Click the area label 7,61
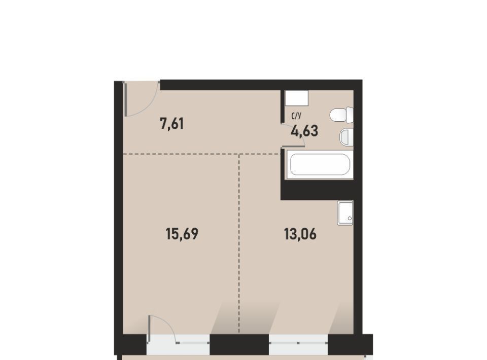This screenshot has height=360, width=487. (172, 124)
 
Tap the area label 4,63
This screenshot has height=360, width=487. (304, 131)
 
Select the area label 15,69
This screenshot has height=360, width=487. (182, 234)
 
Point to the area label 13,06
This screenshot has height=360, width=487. (300, 234)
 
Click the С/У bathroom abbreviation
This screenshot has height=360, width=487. (296, 116)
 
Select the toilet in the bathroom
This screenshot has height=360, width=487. (341, 115)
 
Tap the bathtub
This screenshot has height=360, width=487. (320, 164)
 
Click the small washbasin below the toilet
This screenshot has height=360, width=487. (346, 136)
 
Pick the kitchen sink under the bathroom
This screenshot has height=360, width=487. (345, 213)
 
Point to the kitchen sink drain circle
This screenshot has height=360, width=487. (350, 219)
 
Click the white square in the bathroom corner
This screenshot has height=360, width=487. (297, 98)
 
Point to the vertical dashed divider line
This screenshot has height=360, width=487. (239, 243)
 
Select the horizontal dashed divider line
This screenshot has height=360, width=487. (202, 154)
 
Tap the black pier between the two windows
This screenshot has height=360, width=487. (239, 344)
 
